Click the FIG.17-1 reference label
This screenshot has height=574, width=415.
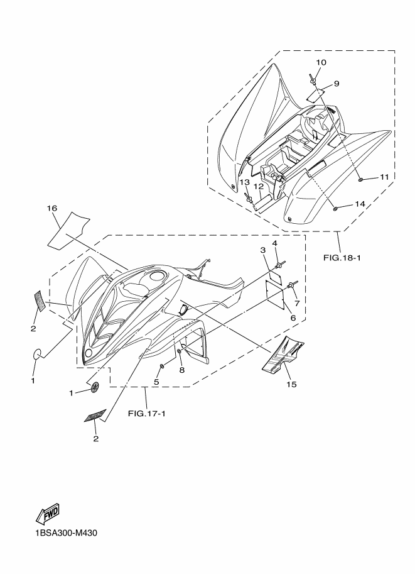click(146, 413)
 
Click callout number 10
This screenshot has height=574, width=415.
click(321, 62)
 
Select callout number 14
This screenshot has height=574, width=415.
click(360, 204)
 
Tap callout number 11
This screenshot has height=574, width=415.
click(384, 177)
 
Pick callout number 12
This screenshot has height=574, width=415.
click(257, 187)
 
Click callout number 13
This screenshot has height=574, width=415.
click(244, 182)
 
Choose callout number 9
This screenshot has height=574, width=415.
click(336, 84)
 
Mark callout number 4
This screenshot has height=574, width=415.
click(274, 243)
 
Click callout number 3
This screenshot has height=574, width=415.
click(264, 251)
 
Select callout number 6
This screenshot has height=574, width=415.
click(292, 319)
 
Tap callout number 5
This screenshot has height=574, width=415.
click(156, 381)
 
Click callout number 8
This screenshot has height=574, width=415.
click(182, 370)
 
